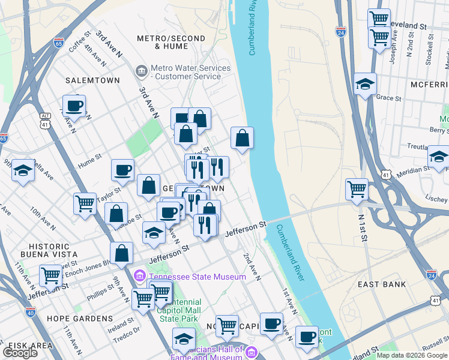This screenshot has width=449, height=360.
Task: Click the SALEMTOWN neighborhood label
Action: [89, 80]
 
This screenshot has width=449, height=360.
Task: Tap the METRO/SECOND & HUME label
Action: [167, 41]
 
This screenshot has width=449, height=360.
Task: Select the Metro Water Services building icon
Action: [142, 72]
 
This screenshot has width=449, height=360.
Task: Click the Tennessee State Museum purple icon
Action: [140, 277]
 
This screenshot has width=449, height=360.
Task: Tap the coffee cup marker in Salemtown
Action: [74, 106]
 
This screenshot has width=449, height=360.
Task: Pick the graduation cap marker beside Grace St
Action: [365, 85]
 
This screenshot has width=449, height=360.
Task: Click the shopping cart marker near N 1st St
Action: [357, 189]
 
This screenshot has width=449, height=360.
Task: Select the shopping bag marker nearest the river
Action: [241, 138]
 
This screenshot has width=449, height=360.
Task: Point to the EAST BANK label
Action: [382, 284]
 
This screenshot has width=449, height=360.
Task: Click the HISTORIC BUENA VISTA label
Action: [45, 251]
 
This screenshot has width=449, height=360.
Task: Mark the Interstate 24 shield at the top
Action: [340, 29]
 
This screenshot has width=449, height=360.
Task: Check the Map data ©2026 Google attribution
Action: [411, 355]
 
